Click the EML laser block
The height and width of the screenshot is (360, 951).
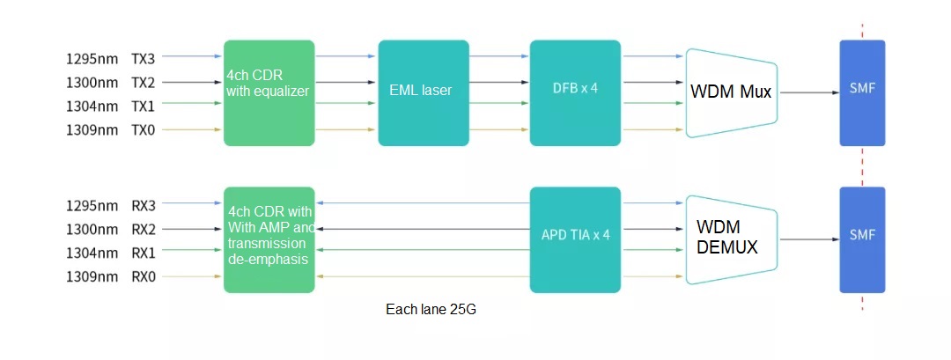point(424,92)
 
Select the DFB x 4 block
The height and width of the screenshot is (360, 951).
point(575,92)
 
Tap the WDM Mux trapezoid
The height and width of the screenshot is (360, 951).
point(731,92)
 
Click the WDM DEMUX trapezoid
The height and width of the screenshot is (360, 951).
point(731,239)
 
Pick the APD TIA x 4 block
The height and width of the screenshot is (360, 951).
point(575,239)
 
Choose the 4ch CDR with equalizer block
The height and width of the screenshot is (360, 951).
point(269,92)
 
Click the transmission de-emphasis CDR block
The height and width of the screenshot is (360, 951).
point(269,239)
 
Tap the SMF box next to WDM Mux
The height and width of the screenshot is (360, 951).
point(862,92)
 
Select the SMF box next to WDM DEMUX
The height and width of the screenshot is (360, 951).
point(862,239)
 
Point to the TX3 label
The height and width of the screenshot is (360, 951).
point(144,59)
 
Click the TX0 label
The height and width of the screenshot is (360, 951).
point(144,130)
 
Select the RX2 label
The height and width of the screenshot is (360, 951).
point(144,230)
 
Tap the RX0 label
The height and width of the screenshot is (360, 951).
point(144,277)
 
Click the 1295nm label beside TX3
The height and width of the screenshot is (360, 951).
point(92,59)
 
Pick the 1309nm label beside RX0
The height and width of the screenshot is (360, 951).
point(92,277)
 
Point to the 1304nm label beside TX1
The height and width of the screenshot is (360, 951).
point(92,107)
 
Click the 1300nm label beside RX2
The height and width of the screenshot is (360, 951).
point(92,230)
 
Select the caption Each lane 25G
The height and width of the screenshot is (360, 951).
point(431,310)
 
